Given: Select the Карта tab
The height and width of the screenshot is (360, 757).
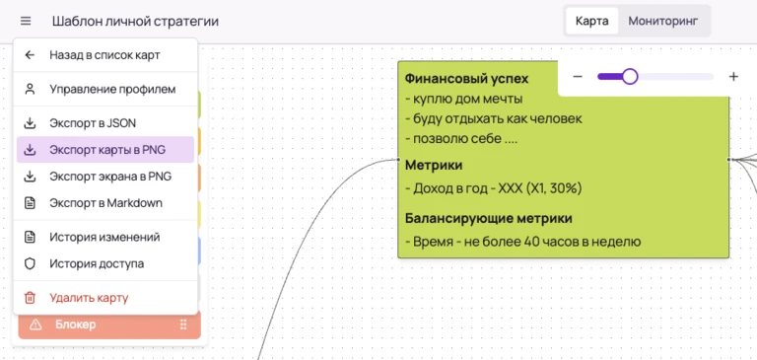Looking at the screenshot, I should click(x=592, y=21).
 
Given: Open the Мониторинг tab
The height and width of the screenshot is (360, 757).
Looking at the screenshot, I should click(x=662, y=21).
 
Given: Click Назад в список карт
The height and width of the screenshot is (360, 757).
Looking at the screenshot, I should click(x=104, y=55).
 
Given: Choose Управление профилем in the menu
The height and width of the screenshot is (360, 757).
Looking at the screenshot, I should click(x=112, y=89).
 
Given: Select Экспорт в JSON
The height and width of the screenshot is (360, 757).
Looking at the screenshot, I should click(x=93, y=123).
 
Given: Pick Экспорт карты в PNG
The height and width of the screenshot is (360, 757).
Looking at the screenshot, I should click(x=107, y=150).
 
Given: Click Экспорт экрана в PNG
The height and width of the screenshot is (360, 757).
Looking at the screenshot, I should click(x=110, y=177).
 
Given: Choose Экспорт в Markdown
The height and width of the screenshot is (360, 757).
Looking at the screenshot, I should click(x=105, y=203).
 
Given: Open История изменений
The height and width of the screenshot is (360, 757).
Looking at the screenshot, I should click(x=104, y=237).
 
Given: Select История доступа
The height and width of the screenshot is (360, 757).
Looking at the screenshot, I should click(x=97, y=263).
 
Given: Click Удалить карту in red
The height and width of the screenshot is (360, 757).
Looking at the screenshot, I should click(x=89, y=297).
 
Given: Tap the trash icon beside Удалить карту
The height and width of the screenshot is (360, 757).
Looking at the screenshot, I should click(x=30, y=297).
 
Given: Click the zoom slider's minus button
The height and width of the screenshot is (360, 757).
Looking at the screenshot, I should click(x=578, y=77).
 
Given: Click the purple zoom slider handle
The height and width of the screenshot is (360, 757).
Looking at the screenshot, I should click(x=630, y=77).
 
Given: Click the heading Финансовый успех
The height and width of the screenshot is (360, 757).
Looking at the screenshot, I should click(x=466, y=78).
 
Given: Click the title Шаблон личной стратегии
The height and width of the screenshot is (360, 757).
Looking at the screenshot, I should click(x=135, y=21).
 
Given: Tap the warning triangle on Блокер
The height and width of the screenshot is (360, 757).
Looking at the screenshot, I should click(x=35, y=324).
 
